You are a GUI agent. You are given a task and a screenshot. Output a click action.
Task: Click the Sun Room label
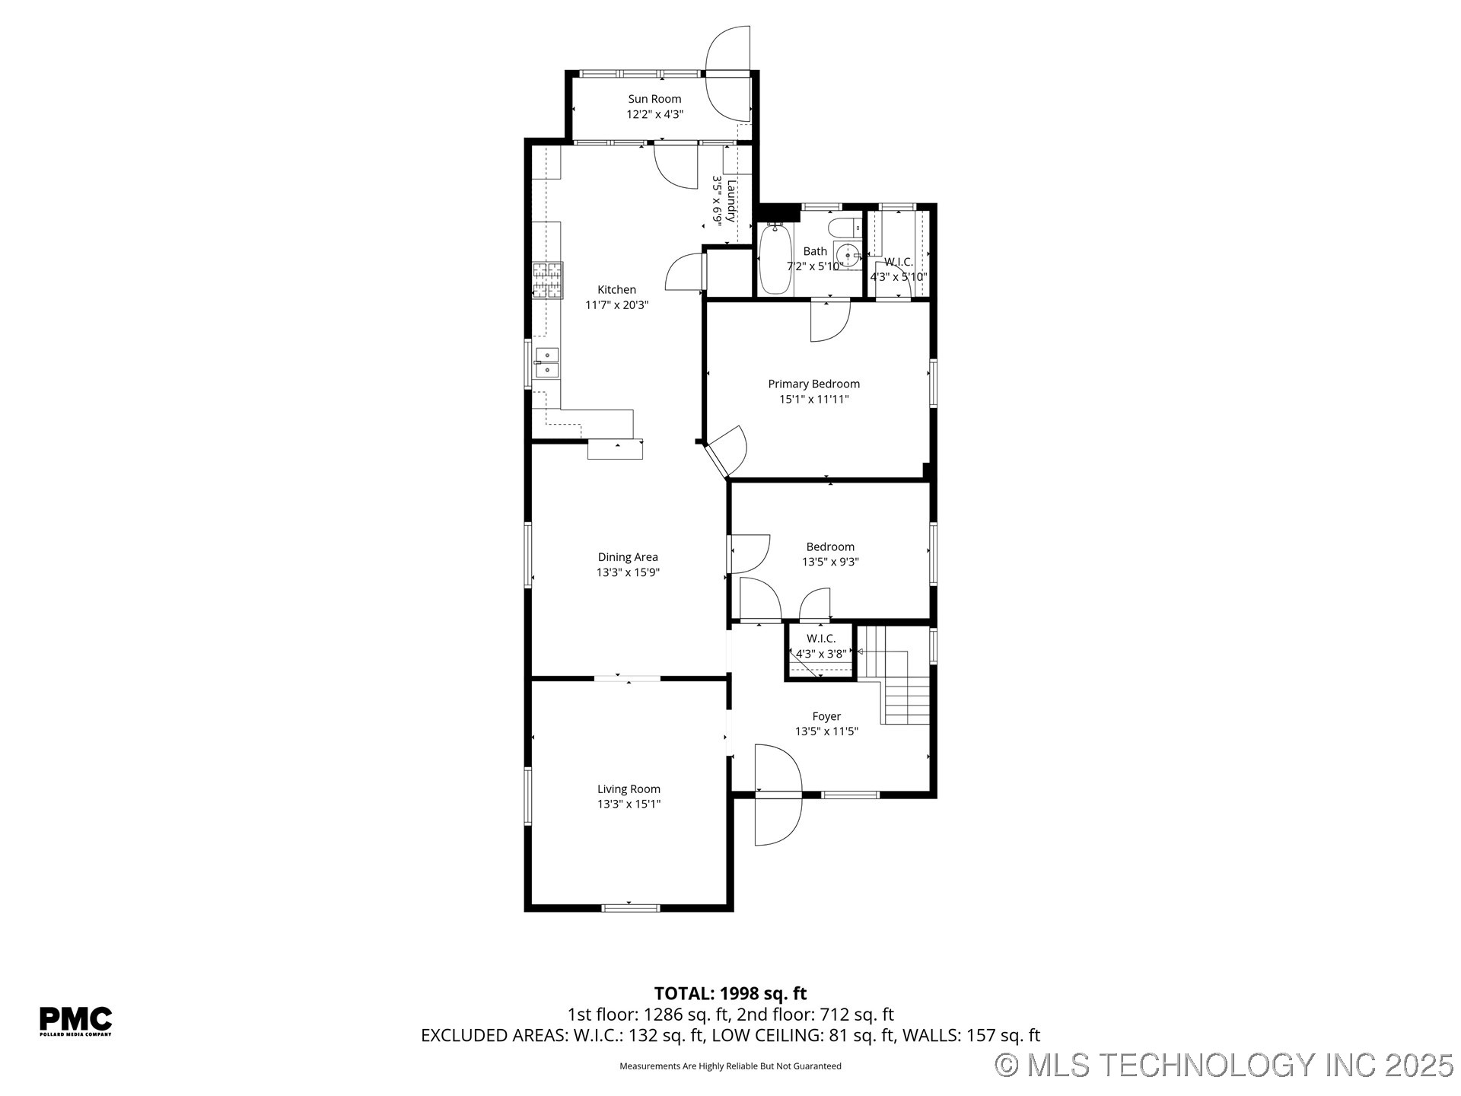tap(654, 99)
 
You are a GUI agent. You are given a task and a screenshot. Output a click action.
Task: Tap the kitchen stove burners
tap(548, 279)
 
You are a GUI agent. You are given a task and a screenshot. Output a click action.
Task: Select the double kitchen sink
tap(546, 362)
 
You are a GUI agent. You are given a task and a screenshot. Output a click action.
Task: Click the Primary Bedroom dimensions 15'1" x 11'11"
tap(813, 399)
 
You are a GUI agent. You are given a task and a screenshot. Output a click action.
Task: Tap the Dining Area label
tap(628, 557)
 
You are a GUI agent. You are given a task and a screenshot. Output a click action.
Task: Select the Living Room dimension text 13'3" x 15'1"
tap(629, 804)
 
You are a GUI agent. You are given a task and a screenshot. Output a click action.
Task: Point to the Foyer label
tap(826, 716)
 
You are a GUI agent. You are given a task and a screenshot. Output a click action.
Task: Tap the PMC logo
tap(75, 1020)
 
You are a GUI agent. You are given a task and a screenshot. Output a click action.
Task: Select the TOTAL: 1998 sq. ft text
tap(730, 993)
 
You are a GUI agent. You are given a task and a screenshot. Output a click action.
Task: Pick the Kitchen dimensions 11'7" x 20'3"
tap(616, 305)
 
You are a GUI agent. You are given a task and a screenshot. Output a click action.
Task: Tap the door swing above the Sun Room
tap(728, 73)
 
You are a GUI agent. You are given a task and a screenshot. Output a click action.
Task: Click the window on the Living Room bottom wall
tap(630, 906)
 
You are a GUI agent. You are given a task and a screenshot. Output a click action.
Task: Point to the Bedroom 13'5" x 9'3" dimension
tap(830, 562)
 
